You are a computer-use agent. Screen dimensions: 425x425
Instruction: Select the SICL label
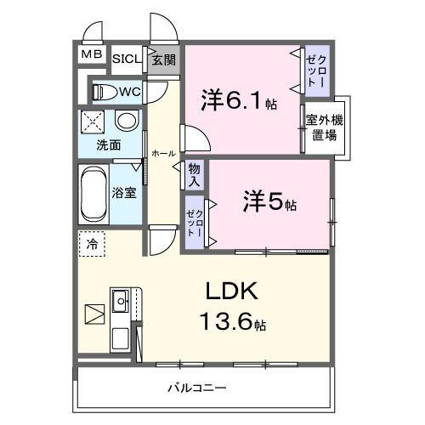(127, 59)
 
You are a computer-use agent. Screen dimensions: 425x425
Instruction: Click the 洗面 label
(108, 144)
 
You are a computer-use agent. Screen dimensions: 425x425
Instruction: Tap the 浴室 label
(125, 192)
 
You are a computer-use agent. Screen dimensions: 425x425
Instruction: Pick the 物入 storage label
(195, 175)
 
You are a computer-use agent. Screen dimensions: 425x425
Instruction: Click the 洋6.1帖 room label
(238, 100)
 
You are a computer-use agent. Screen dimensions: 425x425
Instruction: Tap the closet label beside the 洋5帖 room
(195, 223)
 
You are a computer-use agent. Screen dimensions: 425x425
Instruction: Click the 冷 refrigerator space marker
(93, 245)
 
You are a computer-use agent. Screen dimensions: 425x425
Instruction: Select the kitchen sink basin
(121, 299)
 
